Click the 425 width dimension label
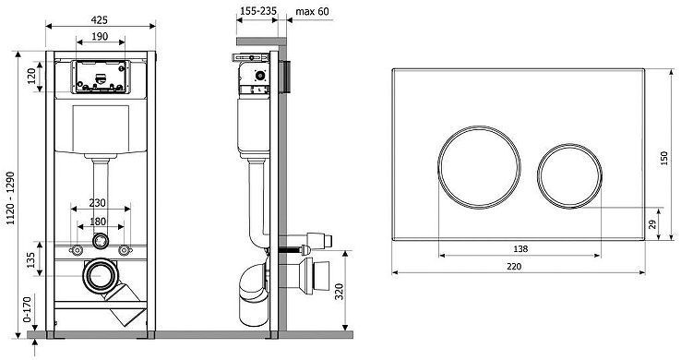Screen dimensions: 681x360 (x=100, y=20)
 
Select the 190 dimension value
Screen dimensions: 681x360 (x=100, y=37)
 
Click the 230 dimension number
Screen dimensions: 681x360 (x=97, y=203)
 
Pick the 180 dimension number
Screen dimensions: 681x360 (x=98, y=222)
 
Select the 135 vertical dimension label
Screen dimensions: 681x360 (x=30, y=259)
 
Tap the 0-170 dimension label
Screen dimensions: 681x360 (x=27, y=309)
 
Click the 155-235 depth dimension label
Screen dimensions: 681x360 (x=258, y=11)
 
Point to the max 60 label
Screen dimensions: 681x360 (x=312, y=11)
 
